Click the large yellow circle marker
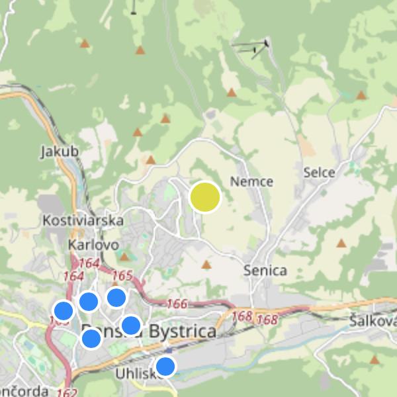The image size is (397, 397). [x=205, y=198]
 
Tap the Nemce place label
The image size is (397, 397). [x=251, y=181]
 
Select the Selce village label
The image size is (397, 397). [x=320, y=173]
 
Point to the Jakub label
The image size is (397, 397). [x=60, y=152]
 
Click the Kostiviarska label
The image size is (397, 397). [x=83, y=220]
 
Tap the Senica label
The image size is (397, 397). [x=265, y=270]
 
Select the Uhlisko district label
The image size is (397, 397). [x=135, y=374]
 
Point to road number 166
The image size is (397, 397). [x=177, y=304]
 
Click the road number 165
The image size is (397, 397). [x=123, y=275]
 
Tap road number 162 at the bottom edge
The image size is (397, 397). [x=67, y=392]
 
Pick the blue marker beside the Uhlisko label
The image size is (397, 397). [x=165, y=366]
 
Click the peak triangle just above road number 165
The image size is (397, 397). [x=124, y=257]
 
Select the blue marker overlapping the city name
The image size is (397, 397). [x=131, y=326]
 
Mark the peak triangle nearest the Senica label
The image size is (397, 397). [x=206, y=265]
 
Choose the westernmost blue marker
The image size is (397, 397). [x=63, y=310]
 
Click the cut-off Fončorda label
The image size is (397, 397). [x=24, y=390]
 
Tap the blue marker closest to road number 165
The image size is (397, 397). [x=116, y=297]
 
